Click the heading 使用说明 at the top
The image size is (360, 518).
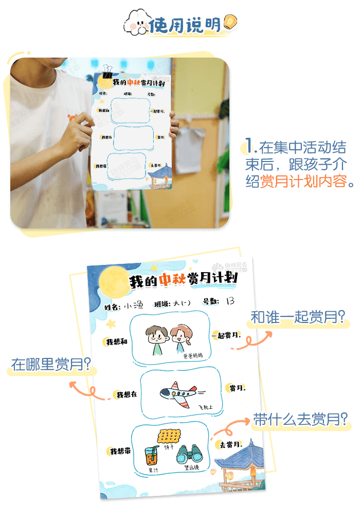click(x=185, y=24)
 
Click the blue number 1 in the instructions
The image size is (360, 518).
click(x=250, y=147)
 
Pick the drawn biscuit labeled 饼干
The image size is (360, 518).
click(x=169, y=436)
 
